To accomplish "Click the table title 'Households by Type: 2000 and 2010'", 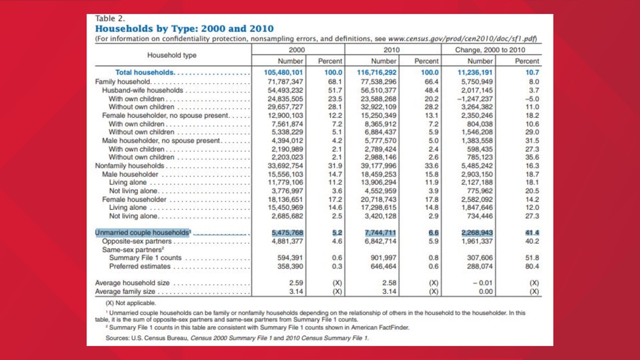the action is tap(184, 29).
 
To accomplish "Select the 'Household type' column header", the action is tap(172, 55).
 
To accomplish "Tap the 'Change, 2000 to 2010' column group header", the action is tap(490, 50).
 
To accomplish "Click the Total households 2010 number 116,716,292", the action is tap(376, 72).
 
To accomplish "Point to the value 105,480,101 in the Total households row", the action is tap(284, 72).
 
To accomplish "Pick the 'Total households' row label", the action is tap(145, 72).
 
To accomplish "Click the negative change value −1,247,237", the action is tap(475, 99).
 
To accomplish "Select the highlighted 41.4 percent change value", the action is tap(532, 233).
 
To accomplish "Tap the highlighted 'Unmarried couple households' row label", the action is tap(143, 233).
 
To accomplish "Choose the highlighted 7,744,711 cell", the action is tap(380, 233).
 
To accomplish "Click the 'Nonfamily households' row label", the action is tap(129, 166).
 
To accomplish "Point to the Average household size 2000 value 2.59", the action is tap(295, 283).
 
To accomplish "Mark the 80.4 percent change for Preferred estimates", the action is tap(532, 267).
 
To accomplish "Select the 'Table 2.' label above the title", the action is tap(110, 19).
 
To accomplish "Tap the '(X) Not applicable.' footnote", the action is tap(131, 303).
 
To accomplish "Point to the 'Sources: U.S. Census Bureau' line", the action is tap(237, 338).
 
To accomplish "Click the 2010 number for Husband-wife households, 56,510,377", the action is tap(378, 90).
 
